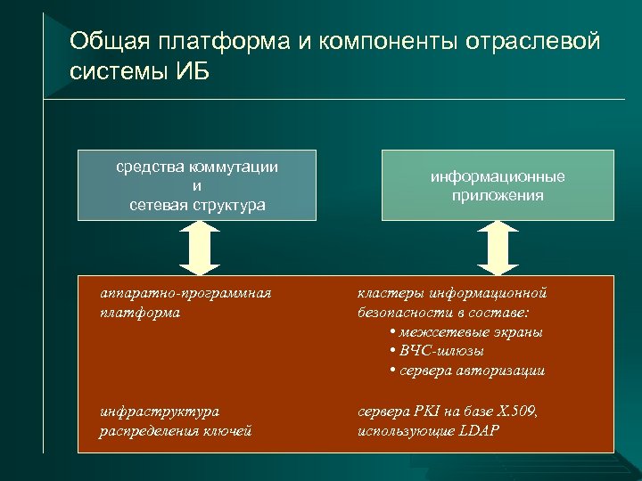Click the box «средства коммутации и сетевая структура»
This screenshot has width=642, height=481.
196,185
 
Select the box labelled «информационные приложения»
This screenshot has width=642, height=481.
498,185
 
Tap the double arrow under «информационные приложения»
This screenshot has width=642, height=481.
498,248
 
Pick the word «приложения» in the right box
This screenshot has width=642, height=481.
498,195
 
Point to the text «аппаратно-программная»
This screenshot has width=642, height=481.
185,293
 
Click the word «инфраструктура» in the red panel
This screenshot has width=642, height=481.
160,412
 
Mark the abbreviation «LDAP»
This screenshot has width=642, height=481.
480,431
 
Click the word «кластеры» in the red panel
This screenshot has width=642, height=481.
391,293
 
